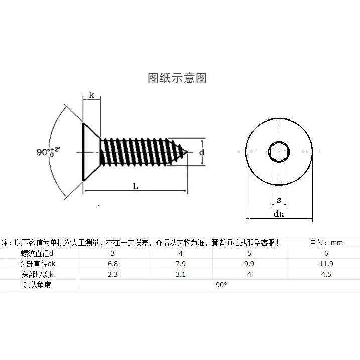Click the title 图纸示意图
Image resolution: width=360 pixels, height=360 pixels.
(177, 78)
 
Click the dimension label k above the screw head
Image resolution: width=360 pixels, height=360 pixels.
(91, 95)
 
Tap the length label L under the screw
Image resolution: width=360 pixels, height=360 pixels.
(135, 186)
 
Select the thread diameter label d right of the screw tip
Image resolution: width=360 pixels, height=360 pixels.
(201, 151)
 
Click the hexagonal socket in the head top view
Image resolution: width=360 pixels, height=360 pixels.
(279, 151)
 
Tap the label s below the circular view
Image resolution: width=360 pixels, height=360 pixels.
(279, 201)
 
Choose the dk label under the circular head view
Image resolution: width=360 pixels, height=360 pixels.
(279, 214)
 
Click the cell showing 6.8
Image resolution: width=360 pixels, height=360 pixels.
(113, 264)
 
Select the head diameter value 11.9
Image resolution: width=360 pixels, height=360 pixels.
(326, 264)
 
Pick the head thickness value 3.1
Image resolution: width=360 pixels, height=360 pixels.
(181, 274)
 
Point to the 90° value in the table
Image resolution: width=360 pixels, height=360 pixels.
(221, 285)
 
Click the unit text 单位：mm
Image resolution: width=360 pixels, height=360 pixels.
(326, 243)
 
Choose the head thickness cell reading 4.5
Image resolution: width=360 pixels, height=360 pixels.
(326, 274)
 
